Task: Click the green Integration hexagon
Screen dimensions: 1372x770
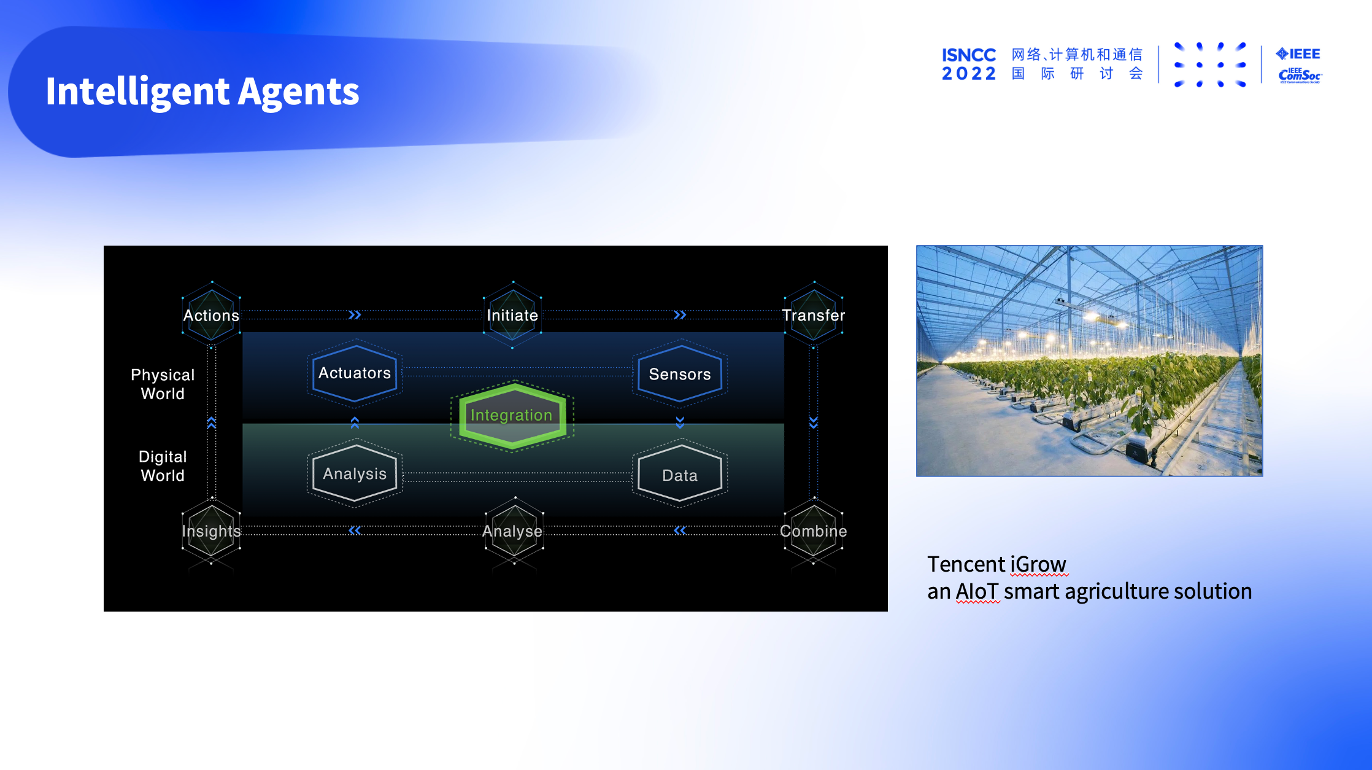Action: click(512, 416)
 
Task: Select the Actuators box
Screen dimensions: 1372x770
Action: click(355, 373)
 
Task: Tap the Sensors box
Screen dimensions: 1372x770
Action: click(680, 374)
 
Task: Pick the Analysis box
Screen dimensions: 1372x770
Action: click(355, 473)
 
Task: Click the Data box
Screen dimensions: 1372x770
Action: click(680, 475)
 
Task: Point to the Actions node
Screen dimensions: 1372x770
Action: click(212, 315)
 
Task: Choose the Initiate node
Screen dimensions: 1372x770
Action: click(512, 315)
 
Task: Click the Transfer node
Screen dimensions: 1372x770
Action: click(814, 315)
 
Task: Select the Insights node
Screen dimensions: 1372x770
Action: click(212, 531)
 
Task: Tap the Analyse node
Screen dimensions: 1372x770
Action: click(513, 531)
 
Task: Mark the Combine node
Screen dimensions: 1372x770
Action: click(814, 531)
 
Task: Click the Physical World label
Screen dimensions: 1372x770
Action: click(163, 384)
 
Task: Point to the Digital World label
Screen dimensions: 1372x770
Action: click(163, 465)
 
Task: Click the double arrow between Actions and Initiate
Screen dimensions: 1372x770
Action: click(355, 315)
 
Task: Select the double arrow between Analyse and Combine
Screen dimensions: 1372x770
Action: click(680, 531)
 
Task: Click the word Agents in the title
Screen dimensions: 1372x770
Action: click(298, 92)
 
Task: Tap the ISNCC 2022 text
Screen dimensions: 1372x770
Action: click(969, 64)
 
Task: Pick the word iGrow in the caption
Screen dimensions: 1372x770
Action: click(1038, 564)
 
